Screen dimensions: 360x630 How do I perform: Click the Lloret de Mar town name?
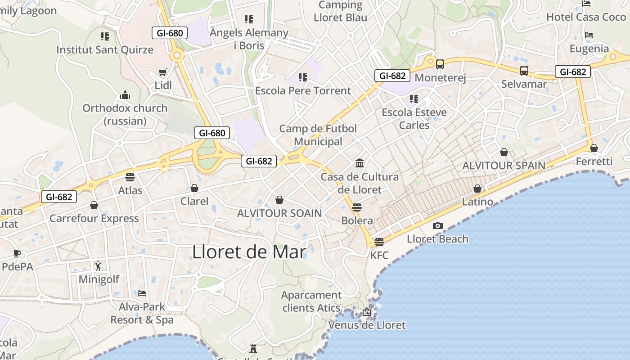(x=249, y=252)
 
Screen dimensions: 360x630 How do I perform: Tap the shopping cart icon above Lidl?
(x=163, y=72)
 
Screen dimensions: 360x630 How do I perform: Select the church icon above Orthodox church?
(x=125, y=95)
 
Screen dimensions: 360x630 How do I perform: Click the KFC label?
(x=379, y=256)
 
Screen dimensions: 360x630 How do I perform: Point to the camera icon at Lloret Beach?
(x=437, y=225)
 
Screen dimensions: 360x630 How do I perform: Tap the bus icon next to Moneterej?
(x=440, y=64)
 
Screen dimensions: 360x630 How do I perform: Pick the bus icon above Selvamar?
(x=524, y=71)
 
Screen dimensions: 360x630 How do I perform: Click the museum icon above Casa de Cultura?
(x=360, y=163)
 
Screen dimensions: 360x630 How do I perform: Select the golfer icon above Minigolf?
(x=99, y=266)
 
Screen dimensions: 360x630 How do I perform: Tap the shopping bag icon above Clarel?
(x=194, y=188)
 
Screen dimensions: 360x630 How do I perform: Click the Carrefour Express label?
(x=94, y=219)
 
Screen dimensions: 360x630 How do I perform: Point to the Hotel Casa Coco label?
(x=586, y=17)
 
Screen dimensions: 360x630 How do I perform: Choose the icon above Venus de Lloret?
(x=367, y=311)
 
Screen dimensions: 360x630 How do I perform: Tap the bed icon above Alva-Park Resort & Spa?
(x=142, y=293)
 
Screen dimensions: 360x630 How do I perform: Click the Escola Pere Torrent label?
(x=303, y=91)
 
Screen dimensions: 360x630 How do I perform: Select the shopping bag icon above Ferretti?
(x=594, y=148)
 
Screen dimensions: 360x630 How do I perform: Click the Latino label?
(x=477, y=202)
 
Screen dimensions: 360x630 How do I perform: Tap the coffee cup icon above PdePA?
(x=17, y=253)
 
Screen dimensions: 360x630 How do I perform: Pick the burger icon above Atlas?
(x=130, y=177)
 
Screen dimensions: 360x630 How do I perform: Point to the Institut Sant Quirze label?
(x=105, y=50)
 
